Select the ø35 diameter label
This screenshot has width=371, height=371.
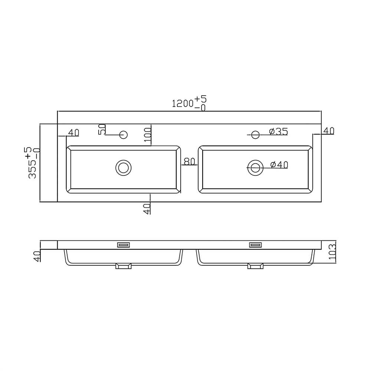pos(279,131)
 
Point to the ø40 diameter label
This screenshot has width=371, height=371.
pos(279,165)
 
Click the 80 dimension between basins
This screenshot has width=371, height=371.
pos(189,161)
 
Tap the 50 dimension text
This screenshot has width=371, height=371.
pos(102,129)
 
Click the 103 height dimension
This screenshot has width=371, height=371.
pos(332,252)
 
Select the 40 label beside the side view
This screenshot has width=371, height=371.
pos(37,256)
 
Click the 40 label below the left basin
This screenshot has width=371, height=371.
pos(147,209)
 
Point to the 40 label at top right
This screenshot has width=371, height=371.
pos(328,131)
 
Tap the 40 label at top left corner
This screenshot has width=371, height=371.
pos(73,132)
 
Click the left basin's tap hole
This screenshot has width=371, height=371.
pos(124,134)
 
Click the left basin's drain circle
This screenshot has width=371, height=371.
pos(124,168)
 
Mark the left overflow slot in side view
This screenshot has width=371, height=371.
pos(124,244)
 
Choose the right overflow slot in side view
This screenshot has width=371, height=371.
pos(255,244)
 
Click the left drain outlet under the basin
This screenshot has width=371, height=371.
pos(124,266)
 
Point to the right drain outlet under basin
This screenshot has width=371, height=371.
pos(255,266)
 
